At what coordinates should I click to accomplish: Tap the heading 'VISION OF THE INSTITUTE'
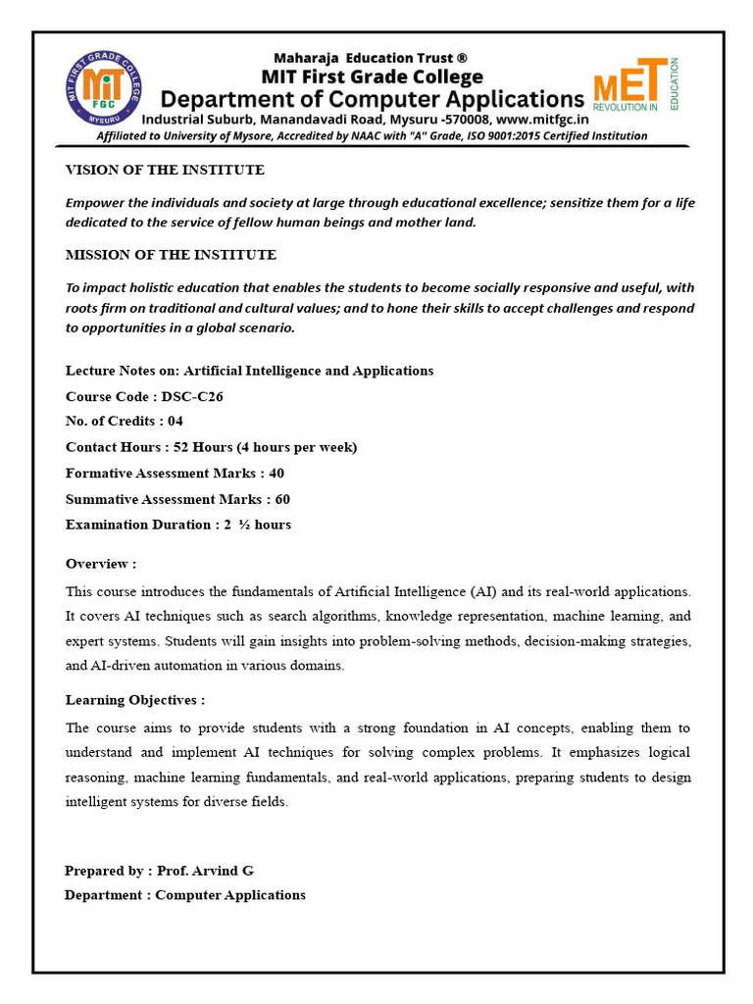click(x=165, y=170)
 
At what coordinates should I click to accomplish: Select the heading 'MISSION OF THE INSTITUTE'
click(x=171, y=255)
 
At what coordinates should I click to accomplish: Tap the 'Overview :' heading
click(x=101, y=564)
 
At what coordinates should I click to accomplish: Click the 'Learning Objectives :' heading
click(x=135, y=700)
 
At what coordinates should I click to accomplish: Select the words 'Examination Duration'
click(x=136, y=525)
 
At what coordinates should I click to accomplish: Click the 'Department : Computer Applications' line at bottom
click(x=185, y=894)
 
